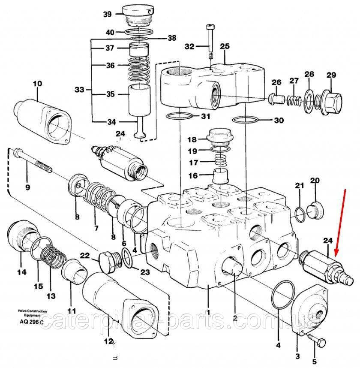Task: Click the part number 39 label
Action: coord(107,14)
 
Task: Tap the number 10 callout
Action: coord(37,84)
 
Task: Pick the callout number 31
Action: coord(206,116)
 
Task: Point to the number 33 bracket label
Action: coord(79,90)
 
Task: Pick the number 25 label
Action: coord(225,46)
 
